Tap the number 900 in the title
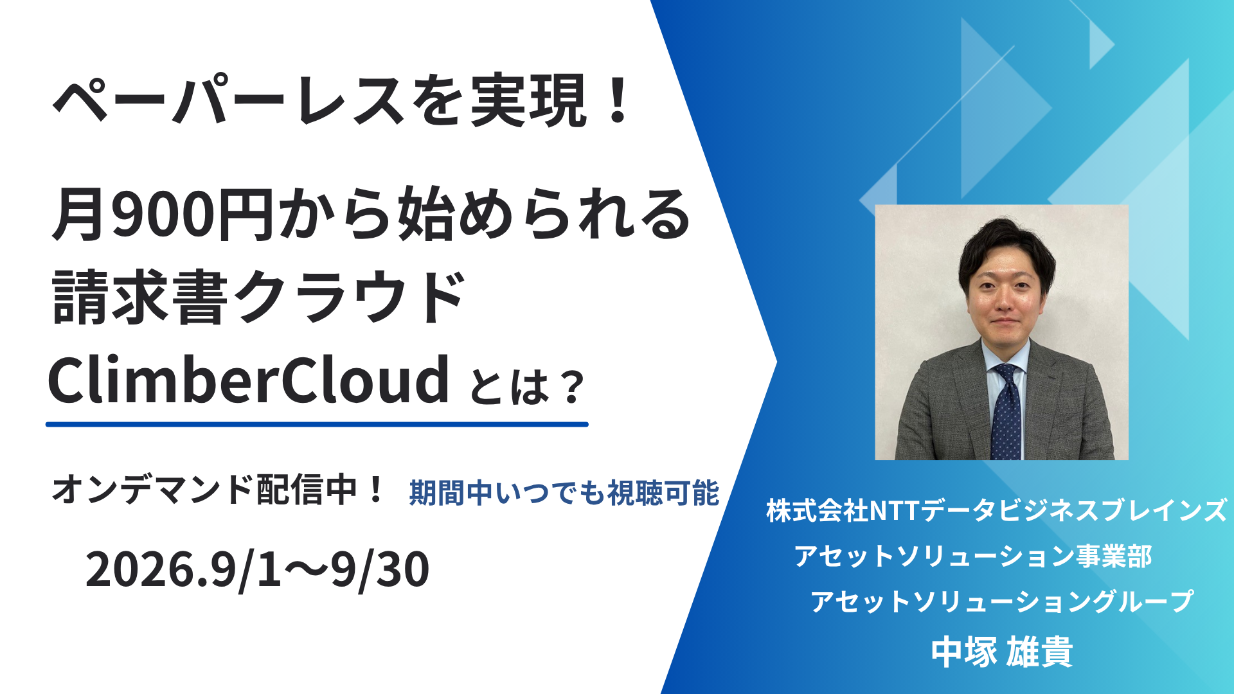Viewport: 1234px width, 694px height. pos(162,215)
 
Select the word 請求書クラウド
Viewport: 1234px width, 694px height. pos(258,298)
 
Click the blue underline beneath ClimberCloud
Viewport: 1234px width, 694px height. pos(317,424)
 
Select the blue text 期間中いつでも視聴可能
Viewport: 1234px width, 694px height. pos(564,493)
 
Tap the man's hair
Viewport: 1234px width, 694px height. pos(1006,247)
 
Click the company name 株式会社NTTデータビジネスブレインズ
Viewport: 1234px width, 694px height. pos(996,511)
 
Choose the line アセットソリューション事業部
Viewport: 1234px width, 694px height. pos(973,556)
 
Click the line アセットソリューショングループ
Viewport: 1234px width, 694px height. pos(1001,601)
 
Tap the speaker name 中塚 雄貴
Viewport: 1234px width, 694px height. pos(1002,652)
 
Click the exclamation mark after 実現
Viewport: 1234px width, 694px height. pos(618,100)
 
